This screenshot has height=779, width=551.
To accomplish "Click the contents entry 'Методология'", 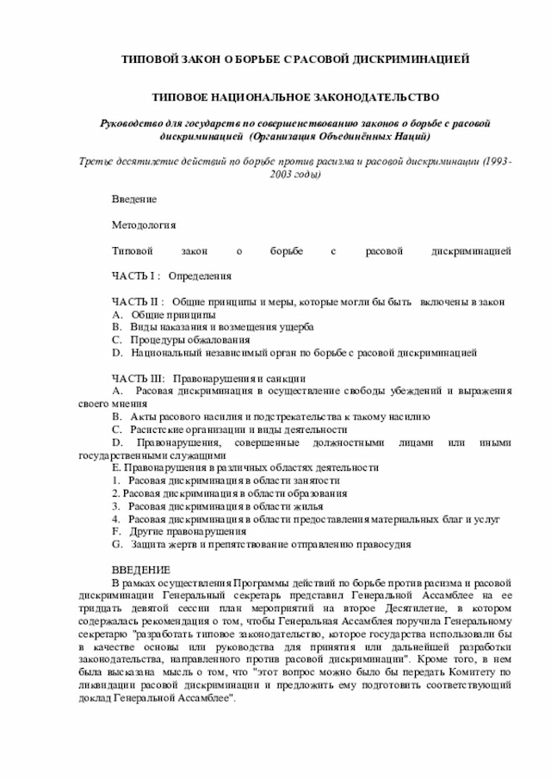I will pos(144,226).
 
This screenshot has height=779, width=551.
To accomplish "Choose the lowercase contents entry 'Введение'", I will pos(134,200).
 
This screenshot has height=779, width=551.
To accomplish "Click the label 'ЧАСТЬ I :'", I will pos(136,277).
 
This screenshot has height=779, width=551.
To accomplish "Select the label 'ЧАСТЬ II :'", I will pos(138,303).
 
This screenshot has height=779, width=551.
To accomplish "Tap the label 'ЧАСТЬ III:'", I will pos(139,378).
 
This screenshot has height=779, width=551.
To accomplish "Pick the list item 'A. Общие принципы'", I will pos(164,315).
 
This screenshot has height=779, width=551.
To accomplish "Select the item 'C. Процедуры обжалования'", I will pos(181,340).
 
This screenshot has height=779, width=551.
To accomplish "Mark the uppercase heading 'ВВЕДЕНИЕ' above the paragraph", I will pos(141,571).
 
